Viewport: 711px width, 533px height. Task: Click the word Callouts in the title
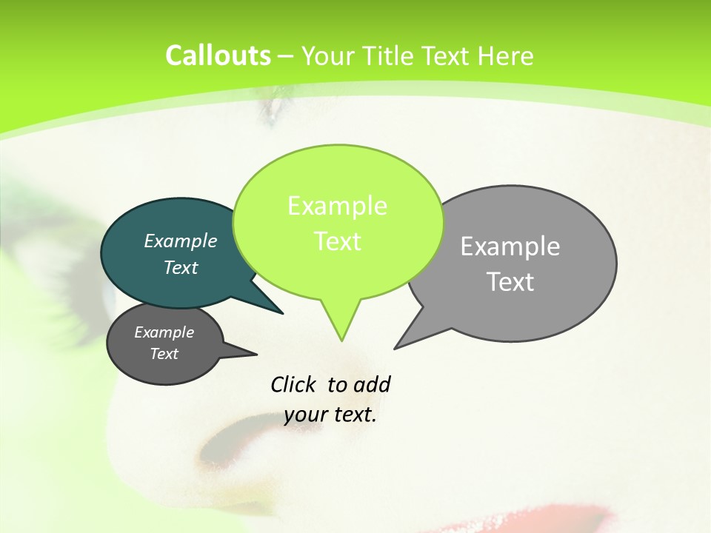click(x=218, y=56)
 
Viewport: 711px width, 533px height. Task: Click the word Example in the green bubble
click(x=337, y=205)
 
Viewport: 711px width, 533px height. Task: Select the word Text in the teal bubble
click(x=181, y=267)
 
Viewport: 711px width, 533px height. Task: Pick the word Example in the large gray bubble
click(x=510, y=246)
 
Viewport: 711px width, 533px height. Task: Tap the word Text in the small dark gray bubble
click(x=164, y=354)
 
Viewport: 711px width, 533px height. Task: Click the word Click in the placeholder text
click(x=295, y=384)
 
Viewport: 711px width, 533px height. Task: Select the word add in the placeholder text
click(x=371, y=384)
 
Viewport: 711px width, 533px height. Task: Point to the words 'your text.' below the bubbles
click(x=330, y=415)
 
